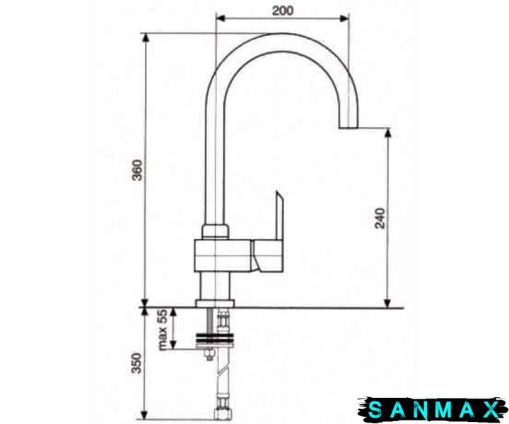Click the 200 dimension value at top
click(x=282, y=11)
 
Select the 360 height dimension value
click(x=137, y=170)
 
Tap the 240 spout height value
click(x=380, y=218)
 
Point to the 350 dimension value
click(x=136, y=363)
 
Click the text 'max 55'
click(x=163, y=330)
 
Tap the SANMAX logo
click(x=433, y=409)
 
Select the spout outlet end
click(x=348, y=127)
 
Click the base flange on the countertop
click(x=215, y=304)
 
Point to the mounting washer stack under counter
click(x=215, y=341)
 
